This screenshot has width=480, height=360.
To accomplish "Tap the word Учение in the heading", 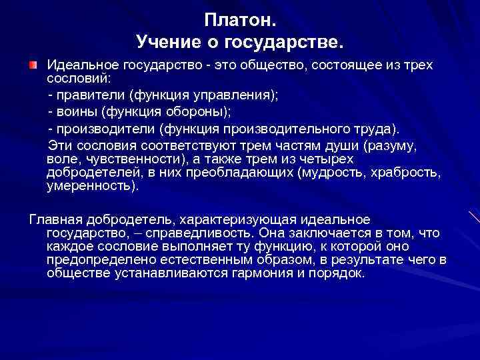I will tap(167, 43).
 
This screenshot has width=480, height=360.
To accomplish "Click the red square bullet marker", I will tap(33, 66).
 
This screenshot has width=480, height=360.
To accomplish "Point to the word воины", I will tap(75, 112).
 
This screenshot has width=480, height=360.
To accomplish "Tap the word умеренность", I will tap(92, 187).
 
